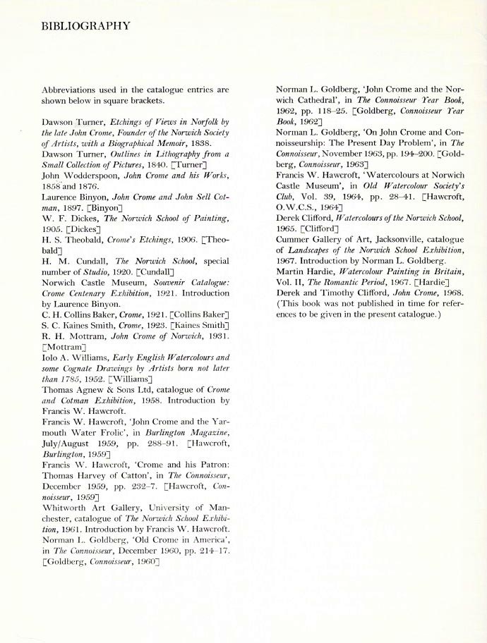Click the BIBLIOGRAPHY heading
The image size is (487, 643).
tap(85, 27)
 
